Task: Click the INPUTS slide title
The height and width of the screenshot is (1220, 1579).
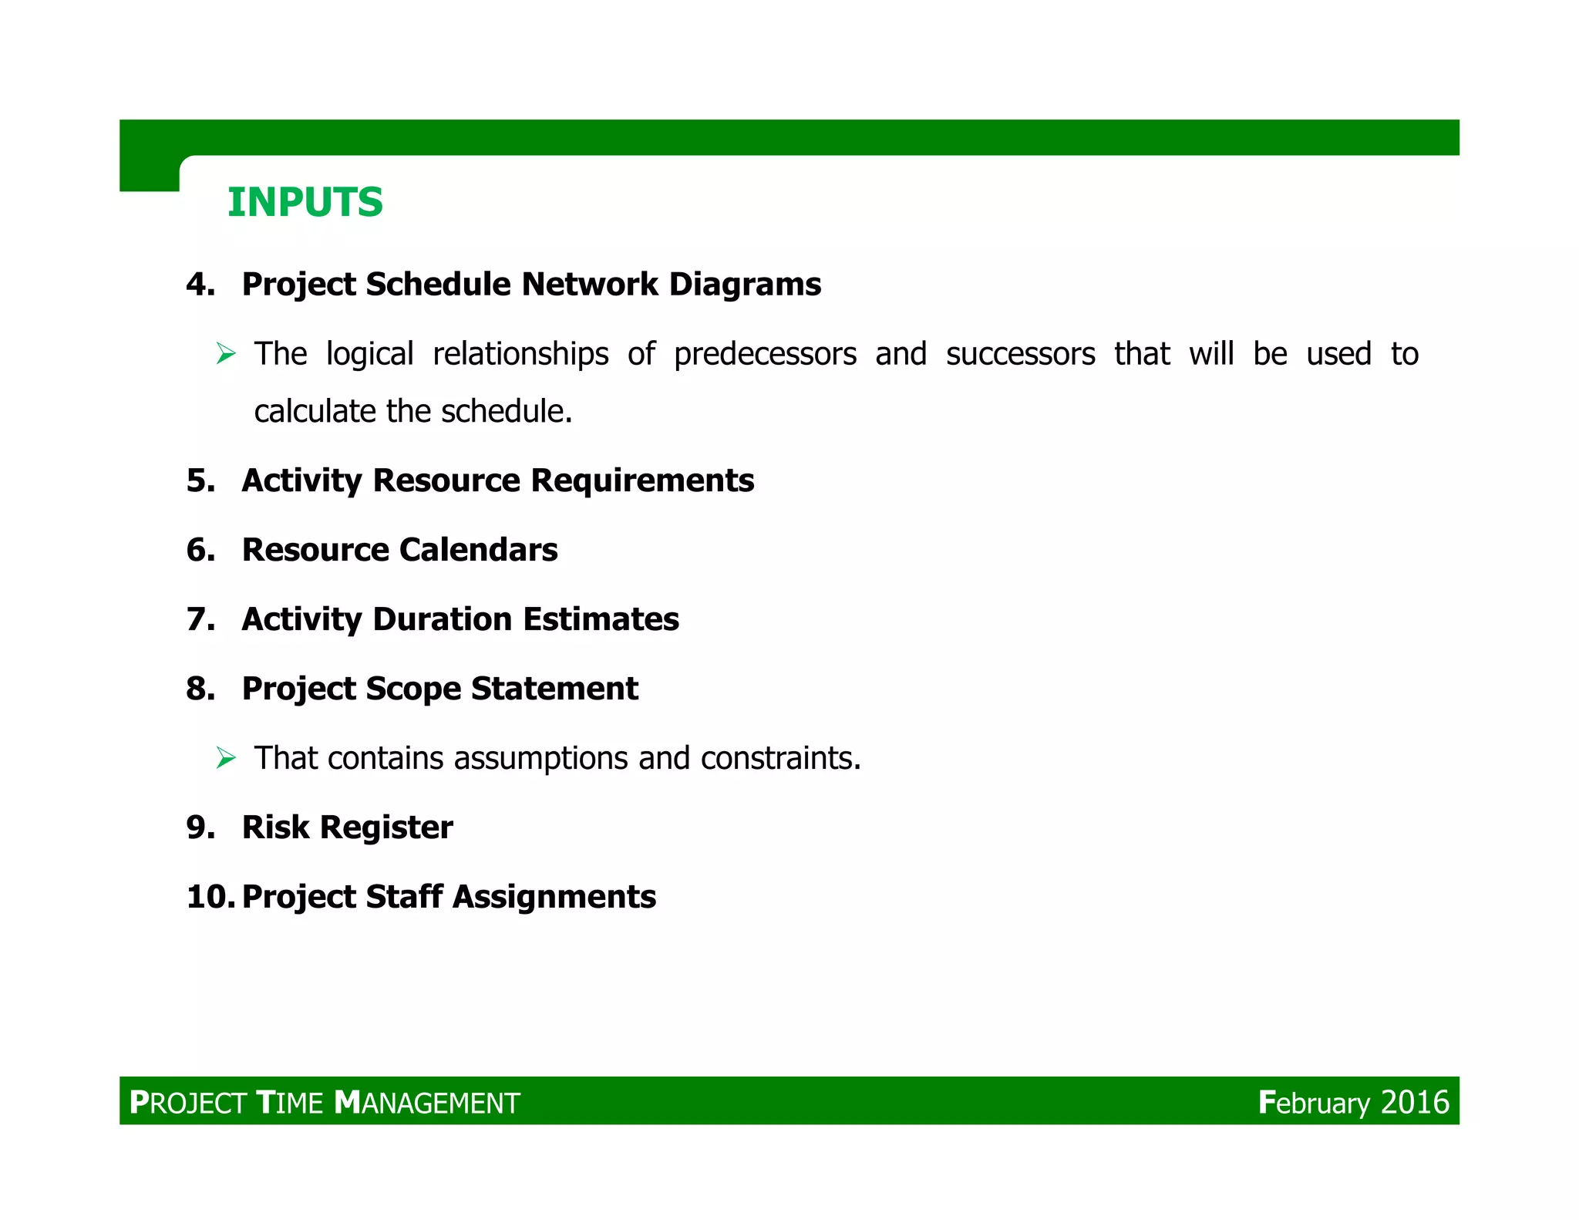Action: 305,203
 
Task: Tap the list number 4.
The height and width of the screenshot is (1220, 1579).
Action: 200,285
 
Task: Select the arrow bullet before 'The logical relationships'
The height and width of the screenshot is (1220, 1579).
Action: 225,354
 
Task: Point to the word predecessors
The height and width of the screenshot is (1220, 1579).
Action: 765,355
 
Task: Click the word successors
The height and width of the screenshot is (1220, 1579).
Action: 1020,355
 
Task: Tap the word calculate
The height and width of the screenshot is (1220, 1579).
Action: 315,412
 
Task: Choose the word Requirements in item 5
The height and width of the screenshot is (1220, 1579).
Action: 641,480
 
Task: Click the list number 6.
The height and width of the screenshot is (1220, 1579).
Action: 200,550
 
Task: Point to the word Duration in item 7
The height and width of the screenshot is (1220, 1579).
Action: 443,619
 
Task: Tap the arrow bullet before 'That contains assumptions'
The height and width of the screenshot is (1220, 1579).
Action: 225,758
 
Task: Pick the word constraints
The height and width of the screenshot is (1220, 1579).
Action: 780,759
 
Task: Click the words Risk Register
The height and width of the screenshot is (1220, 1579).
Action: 347,827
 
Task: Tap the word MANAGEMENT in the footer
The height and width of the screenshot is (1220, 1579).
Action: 428,1103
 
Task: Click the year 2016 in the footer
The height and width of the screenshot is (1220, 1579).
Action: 1415,1103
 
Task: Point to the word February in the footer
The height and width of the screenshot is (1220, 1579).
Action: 1314,1103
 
